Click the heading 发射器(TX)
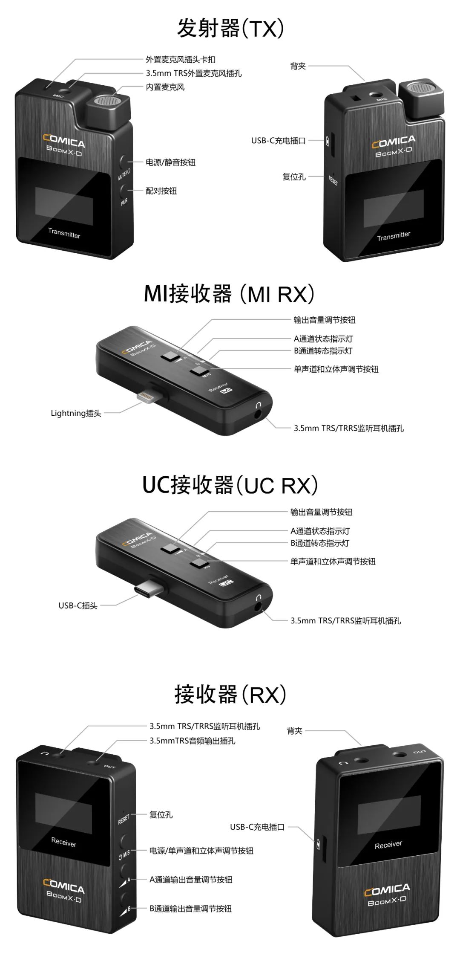click(x=230, y=29)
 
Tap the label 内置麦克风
click(x=165, y=87)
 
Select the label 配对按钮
click(x=161, y=191)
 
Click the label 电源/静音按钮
click(x=170, y=162)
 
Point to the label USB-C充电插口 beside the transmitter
click(x=278, y=141)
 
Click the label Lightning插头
click(x=76, y=413)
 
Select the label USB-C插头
click(x=78, y=605)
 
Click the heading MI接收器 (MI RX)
click(x=229, y=294)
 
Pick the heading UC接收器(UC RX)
click(x=230, y=485)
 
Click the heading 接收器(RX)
click(x=230, y=694)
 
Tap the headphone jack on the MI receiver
click(x=259, y=413)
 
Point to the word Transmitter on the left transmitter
click(x=64, y=233)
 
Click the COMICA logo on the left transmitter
click(x=64, y=140)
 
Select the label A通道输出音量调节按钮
click(x=191, y=880)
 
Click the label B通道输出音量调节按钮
click(x=190, y=909)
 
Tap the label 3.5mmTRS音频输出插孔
click(x=192, y=741)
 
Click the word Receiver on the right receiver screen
click(x=388, y=845)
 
